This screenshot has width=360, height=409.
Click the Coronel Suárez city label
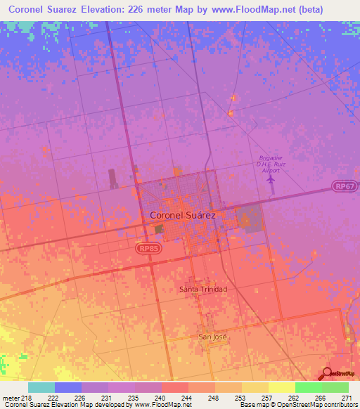183,216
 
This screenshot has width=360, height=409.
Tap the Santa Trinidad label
203,290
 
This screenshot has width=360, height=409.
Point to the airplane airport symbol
271,178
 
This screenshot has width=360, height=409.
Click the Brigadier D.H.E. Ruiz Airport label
271,164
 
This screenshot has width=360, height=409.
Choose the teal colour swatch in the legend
41,387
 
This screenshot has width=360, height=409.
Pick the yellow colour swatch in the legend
281,387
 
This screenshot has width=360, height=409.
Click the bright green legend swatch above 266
308,387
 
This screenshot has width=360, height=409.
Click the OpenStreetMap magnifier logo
328,374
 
